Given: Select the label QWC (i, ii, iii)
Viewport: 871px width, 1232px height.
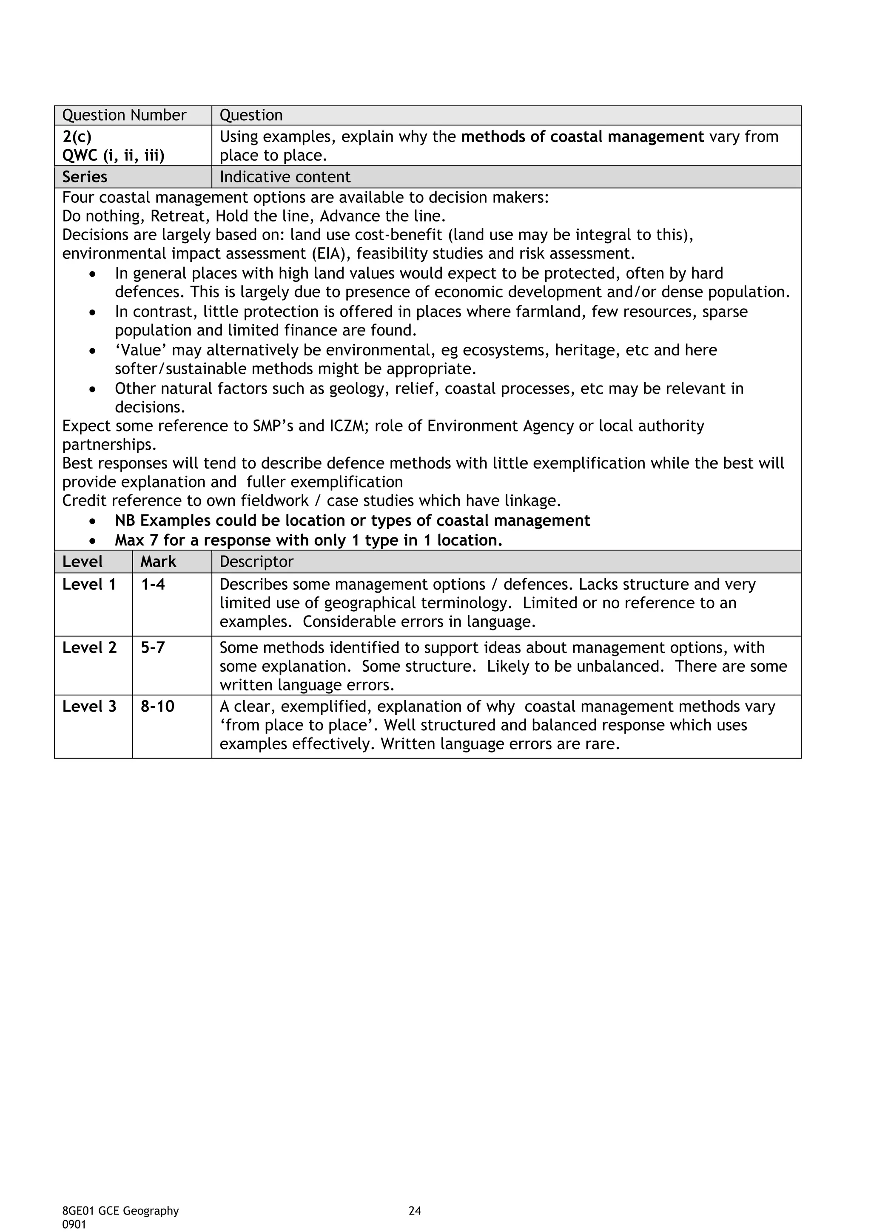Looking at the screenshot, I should click(x=113, y=156).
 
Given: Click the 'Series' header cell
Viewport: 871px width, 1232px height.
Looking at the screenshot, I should click(x=85, y=177).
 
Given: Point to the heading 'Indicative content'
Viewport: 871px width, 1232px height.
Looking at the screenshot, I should click(x=285, y=177).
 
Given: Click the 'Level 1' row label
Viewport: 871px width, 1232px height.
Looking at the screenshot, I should click(x=89, y=585).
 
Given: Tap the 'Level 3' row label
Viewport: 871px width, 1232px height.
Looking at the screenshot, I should click(x=89, y=707).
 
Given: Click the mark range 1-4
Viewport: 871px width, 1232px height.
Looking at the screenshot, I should click(x=153, y=585).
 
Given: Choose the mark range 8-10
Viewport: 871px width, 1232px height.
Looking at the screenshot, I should click(x=158, y=707).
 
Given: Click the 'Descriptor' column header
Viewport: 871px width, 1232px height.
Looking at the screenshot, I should click(x=256, y=562).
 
